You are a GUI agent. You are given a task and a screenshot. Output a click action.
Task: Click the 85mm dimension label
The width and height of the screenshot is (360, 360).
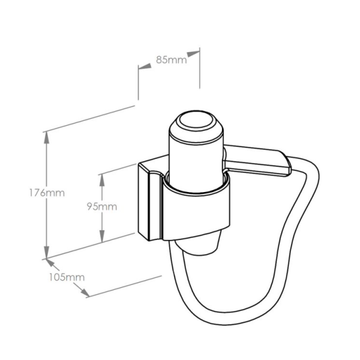point(171,60)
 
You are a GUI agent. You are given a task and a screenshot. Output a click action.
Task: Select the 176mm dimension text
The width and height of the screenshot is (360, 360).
point(47,193)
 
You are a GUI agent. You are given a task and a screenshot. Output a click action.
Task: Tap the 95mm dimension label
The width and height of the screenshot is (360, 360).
point(102,206)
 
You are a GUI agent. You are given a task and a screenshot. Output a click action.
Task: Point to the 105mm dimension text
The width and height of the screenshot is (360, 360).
point(67,277)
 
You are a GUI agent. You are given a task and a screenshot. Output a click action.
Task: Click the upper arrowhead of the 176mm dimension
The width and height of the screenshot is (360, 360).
point(47,138)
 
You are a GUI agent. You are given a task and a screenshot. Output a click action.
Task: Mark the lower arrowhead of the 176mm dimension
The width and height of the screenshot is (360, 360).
point(47,253)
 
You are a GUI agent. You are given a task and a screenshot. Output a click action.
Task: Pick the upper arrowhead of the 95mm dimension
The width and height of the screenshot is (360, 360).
point(102,180)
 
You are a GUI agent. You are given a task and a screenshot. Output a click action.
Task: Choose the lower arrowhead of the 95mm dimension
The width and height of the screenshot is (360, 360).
point(102,236)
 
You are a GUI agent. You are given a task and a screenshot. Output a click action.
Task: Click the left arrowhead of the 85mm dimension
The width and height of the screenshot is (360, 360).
point(145,67)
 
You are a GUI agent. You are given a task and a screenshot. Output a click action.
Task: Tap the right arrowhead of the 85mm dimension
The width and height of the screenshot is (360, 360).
point(193,54)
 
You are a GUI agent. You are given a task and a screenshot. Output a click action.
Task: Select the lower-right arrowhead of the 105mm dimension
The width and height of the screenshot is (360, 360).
point(84,292)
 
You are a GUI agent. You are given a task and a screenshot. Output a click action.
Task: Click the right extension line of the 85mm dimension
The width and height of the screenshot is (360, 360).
point(200,68)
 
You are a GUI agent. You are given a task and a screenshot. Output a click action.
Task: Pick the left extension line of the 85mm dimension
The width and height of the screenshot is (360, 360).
point(138,83)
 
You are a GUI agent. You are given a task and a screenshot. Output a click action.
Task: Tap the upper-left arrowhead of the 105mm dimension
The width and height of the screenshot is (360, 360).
point(51,263)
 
